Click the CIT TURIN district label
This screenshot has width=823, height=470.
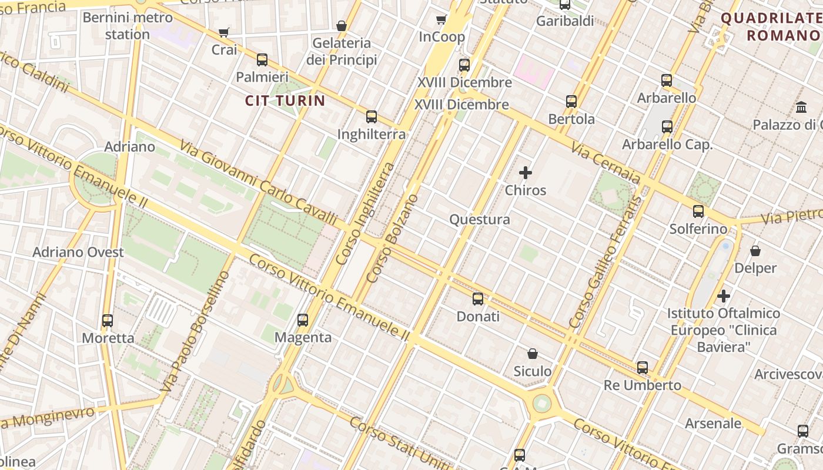[x=285, y=100]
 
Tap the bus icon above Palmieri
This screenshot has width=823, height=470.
[x=262, y=60]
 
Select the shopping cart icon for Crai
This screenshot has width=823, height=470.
[x=223, y=32]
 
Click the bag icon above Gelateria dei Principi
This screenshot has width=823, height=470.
[x=341, y=26]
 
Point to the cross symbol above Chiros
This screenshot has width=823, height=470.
[x=526, y=173]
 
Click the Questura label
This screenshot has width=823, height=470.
[x=480, y=220]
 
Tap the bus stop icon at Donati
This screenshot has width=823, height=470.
[x=478, y=299]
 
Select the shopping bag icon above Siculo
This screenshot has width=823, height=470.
[x=533, y=354]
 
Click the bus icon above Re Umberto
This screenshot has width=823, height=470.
[x=643, y=368]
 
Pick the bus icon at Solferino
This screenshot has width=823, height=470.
[x=698, y=211]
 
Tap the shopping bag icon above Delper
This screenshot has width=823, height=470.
[x=755, y=251]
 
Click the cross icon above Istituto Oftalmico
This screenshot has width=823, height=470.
[x=724, y=296]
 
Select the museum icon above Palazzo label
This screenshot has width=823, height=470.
[x=801, y=108]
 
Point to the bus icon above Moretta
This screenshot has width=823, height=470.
[x=108, y=321]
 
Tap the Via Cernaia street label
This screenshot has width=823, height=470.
[x=605, y=166]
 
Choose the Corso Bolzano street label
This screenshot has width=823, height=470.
[x=392, y=239]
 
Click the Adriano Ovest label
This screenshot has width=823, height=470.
[x=78, y=253]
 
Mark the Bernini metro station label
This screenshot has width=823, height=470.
[x=128, y=26]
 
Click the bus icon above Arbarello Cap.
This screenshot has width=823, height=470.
[x=667, y=127]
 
